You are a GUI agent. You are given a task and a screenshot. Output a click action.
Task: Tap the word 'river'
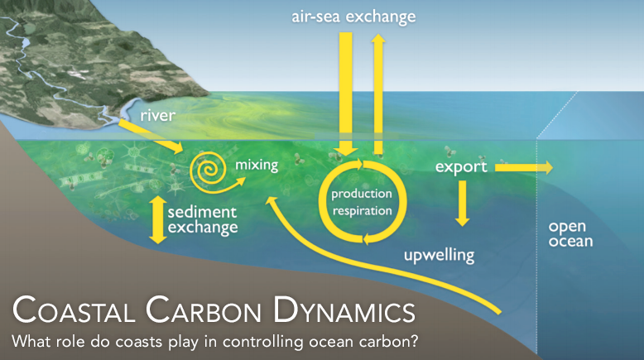pyautogui.click(x=157, y=115)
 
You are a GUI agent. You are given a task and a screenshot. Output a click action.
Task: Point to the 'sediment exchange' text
pyautogui.click(x=203, y=219)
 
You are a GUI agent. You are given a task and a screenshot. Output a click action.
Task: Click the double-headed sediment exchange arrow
pyautogui.click(x=156, y=218)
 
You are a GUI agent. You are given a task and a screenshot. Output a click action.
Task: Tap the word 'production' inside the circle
pyautogui.click(x=361, y=194)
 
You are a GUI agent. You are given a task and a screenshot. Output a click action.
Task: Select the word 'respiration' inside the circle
pyautogui.click(x=361, y=210)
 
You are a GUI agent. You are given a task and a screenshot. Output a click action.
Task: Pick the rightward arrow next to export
pyautogui.click(x=523, y=167)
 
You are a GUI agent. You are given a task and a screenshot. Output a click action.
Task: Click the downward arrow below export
pyautogui.click(x=462, y=204)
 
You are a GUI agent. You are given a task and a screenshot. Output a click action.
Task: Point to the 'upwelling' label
pyautogui.click(x=439, y=254)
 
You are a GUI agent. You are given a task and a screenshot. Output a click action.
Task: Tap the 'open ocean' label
pyautogui.click(x=570, y=233)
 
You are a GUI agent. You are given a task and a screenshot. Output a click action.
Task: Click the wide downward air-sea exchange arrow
pyautogui.click(x=346, y=91)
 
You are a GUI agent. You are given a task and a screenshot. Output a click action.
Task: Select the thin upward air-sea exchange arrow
pyautogui.click(x=378, y=91)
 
